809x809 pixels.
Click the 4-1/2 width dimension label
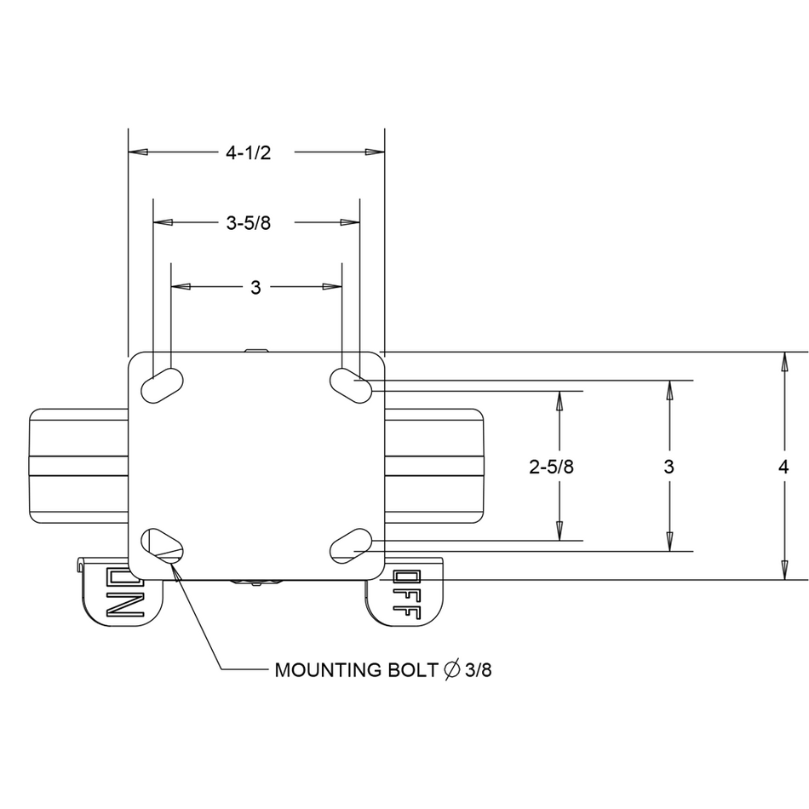(248, 152)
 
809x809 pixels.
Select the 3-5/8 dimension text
(248, 223)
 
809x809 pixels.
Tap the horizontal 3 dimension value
(255, 287)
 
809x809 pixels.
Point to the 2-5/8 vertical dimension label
(552, 467)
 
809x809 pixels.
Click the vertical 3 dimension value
(668, 467)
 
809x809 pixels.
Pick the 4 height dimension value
(783, 467)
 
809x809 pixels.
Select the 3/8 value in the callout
(479, 669)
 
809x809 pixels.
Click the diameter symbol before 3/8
(451, 669)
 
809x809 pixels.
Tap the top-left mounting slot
(162, 386)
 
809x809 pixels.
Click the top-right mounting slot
(351, 386)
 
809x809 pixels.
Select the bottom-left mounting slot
(162, 546)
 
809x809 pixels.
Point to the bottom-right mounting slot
(351, 546)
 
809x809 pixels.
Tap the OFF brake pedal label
(407, 594)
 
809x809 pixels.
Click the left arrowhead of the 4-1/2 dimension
(138, 152)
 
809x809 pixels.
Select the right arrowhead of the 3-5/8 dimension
(350, 223)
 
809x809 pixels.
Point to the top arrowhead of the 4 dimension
(785, 362)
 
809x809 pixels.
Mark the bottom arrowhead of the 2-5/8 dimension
(559, 531)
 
